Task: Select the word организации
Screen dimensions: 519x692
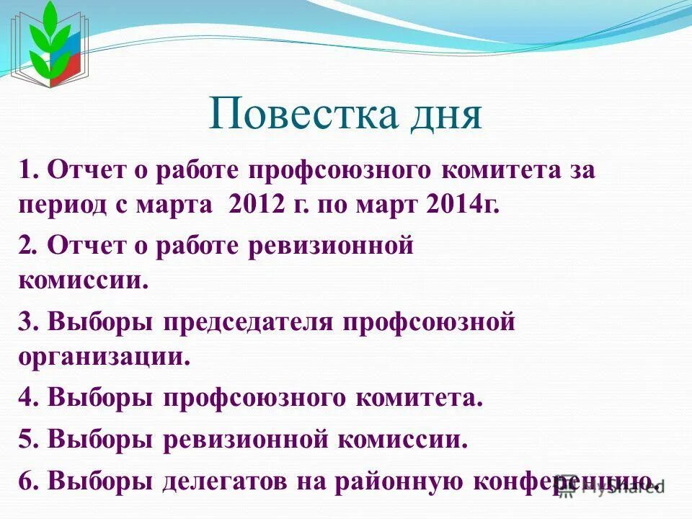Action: click(105, 357)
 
